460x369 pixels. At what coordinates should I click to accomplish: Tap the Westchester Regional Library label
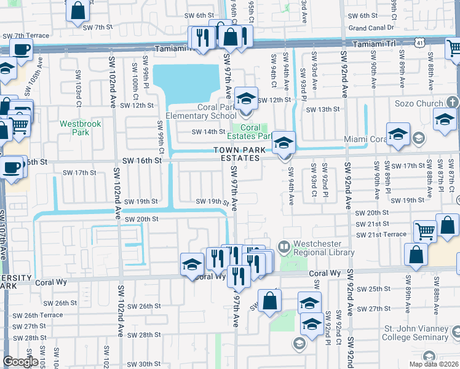[324, 248]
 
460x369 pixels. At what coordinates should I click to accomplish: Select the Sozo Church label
[420, 103]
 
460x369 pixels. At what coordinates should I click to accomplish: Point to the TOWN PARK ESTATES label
[240, 154]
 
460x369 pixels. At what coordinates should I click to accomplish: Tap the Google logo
[20, 362]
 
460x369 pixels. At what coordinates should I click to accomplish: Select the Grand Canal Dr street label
[371, 28]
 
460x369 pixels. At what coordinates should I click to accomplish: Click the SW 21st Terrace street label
[381, 235]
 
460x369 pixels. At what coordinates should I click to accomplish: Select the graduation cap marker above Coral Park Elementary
[245, 98]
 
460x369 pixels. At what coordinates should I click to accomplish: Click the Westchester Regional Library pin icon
[283, 248]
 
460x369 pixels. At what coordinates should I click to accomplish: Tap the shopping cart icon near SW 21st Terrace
[425, 232]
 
